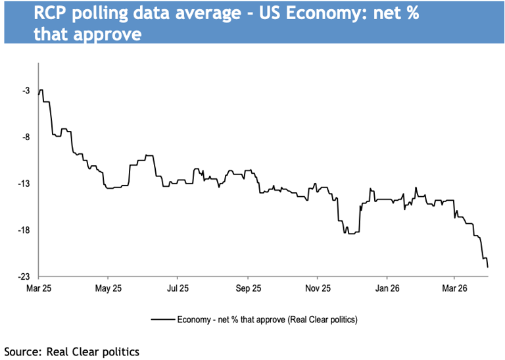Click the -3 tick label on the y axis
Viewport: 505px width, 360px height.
26,91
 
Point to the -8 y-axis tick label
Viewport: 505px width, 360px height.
26,138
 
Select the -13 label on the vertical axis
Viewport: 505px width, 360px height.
24,184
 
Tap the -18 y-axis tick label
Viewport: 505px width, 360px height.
24,230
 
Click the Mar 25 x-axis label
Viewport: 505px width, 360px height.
38,288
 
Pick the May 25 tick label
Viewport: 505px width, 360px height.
108,288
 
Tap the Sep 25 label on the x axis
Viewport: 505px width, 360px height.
248,288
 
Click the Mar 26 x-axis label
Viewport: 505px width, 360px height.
454,288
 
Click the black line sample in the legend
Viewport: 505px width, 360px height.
162,320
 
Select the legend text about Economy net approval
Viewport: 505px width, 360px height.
267,320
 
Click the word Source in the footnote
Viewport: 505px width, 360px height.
22,351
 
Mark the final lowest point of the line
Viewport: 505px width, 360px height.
487,267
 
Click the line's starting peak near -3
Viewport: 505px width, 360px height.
41,90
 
